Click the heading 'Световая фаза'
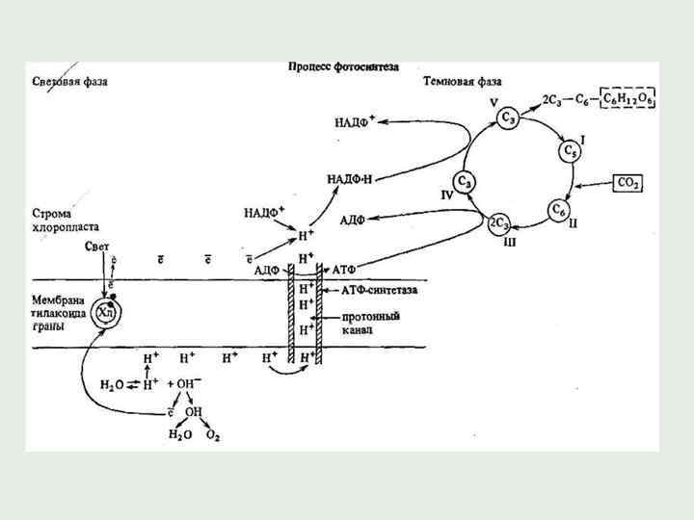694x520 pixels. coord(67,83)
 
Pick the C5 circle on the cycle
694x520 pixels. coord(568,152)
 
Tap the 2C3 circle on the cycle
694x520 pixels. coord(500,223)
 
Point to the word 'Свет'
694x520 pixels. coord(96,246)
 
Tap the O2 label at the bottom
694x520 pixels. coord(214,436)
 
